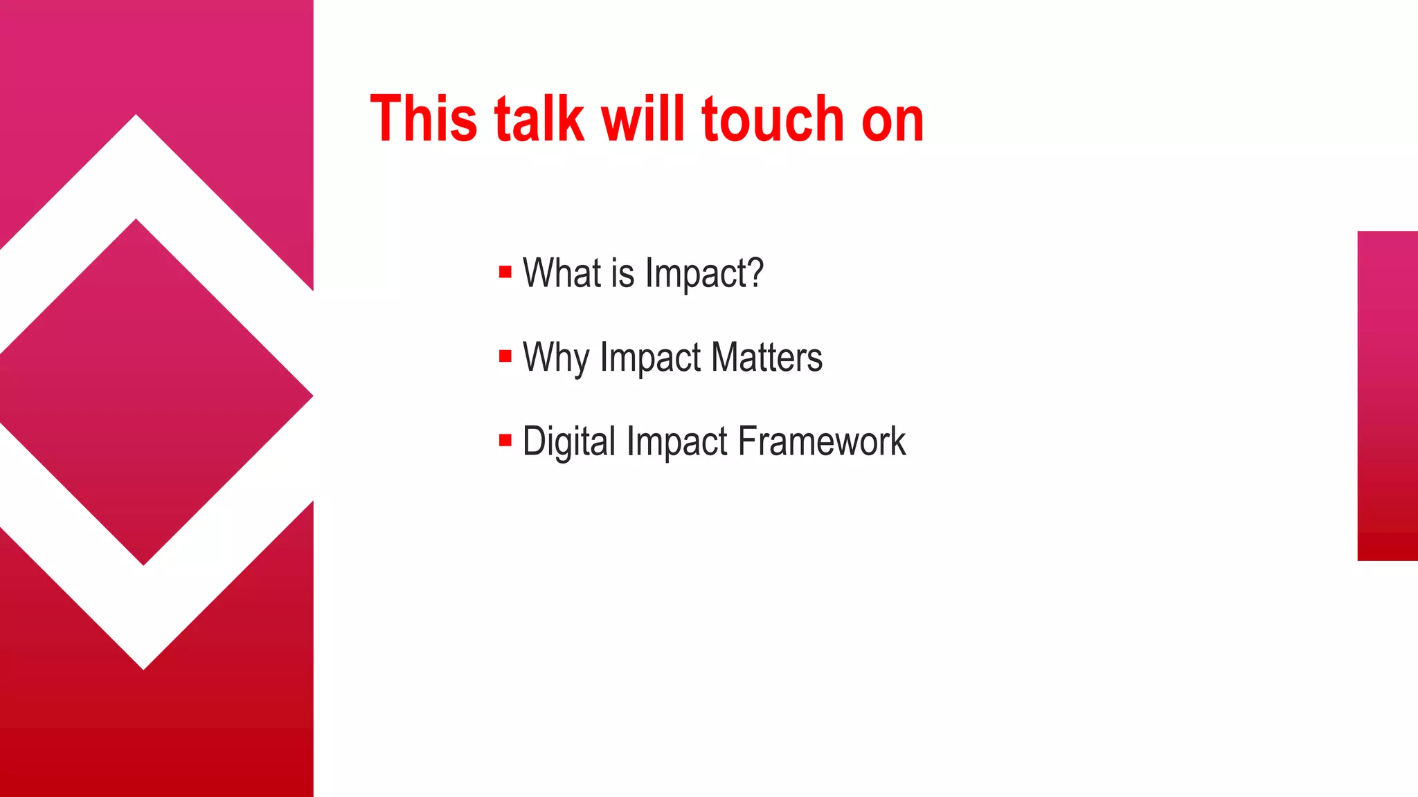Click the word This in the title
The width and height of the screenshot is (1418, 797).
(x=424, y=119)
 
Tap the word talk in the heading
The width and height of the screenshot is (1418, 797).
(x=539, y=119)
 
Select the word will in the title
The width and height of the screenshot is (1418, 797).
(x=643, y=119)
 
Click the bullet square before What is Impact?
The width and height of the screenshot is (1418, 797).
(x=505, y=272)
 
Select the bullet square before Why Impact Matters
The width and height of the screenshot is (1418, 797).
(x=505, y=356)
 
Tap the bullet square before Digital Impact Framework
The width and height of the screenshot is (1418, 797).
(x=505, y=440)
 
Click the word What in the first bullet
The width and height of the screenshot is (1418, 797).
(x=562, y=273)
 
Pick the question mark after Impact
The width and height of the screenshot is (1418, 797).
(x=755, y=273)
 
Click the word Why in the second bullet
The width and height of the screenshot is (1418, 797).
(x=556, y=358)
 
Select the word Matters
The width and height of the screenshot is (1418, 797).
(x=766, y=358)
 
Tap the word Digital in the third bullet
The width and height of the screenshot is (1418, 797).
(x=568, y=441)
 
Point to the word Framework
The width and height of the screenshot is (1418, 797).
(x=822, y=441)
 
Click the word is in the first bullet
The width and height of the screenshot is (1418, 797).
(x=622, y=273)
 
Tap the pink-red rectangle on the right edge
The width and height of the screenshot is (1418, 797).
(x=1388, y=396)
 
